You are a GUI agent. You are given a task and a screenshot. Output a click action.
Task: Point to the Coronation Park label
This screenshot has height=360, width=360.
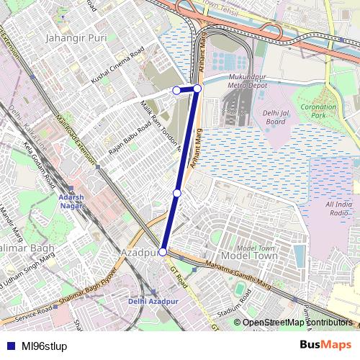click(x=318, y=111)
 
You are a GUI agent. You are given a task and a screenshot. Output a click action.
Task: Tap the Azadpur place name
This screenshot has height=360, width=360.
click(x=139, y=253)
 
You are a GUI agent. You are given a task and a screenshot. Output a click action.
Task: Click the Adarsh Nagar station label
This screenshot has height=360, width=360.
click(x=71, y=201)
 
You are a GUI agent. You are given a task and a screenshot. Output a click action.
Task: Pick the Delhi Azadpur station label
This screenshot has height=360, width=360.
click(x=152, y=300)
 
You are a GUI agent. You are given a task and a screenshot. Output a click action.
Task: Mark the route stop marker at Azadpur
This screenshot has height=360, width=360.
click(x=163, y=252)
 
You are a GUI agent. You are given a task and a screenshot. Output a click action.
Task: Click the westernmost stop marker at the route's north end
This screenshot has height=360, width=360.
click(x=176, y=90)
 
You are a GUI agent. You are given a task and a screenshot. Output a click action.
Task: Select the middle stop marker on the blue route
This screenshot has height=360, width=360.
click(x=177, y=193)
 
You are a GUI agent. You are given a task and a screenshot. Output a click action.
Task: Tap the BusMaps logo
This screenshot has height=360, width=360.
click(x=325, y=345)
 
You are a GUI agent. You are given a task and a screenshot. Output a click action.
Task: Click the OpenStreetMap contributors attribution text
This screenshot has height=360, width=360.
click(x=297, y=323)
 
